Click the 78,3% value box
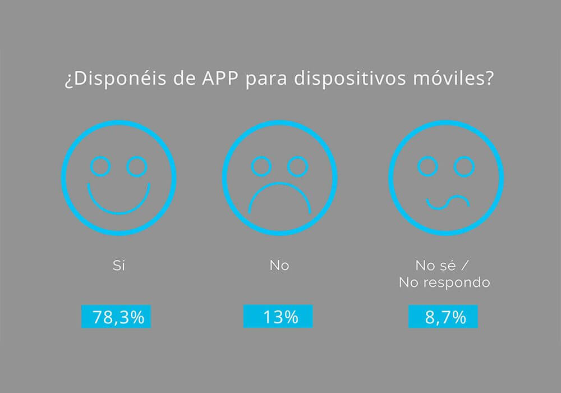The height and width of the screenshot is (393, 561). (116, 317)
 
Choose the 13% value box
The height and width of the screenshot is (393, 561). (278, 317)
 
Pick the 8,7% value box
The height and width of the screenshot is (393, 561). (443, 317)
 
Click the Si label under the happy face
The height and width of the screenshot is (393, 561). (118, 265)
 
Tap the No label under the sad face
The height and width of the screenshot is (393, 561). (279, 265)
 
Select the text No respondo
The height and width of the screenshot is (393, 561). (444, 282)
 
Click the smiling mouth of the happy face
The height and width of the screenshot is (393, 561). (118, 201)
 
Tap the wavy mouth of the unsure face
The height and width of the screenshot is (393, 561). (447, 202)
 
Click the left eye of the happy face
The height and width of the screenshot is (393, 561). (101, 166)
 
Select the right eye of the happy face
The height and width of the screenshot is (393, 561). (136, 166)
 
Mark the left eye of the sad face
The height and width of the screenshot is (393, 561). (261, 166)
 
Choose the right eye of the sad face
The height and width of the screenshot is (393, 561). (297, 166)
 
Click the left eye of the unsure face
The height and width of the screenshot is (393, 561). (428, 166)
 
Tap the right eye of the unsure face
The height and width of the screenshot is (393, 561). (464, 166)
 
